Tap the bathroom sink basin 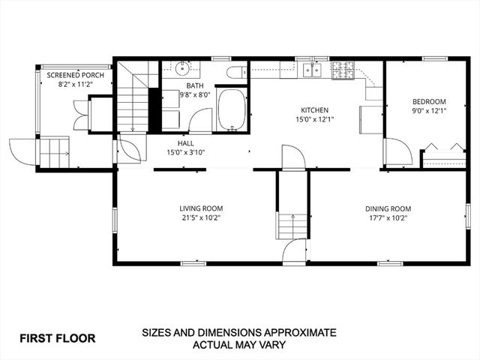click(x=182, y=69)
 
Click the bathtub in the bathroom click(x=232, y=110)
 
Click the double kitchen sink click(x=310, y=70)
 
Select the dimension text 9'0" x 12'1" click(x=429, y=112)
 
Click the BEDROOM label click(x=429, y=102)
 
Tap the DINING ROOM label click(x=388, y=208)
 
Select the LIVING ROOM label click(x=201, y=208)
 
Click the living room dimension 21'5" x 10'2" click(x=201, y=218)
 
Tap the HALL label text click(x=186, y=142)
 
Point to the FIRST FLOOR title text click(x=57, y=338)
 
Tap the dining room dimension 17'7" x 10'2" click(x=388, y=218)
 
